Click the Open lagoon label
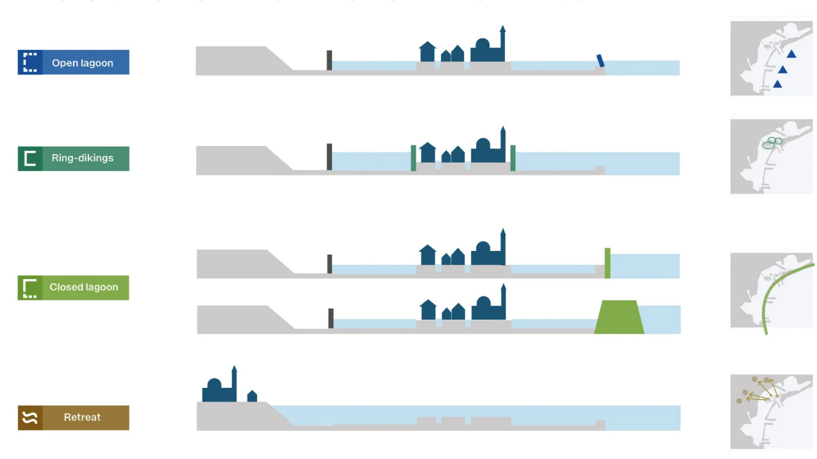click(x=83, y=63)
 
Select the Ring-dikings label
click(x=83, y=158)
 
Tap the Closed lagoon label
click(x=84, y=287)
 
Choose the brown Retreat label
click(x=83, y=417)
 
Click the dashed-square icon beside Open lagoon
click(x=30, y=63)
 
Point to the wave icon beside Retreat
click(x=30, y=418)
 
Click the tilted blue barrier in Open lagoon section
click(x=600, y=60)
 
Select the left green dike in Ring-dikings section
click(x=413, y=157)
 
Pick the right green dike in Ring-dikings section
click(x=513, y=157)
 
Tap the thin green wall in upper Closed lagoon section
click(x=607, y=262)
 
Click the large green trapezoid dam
click(x=619, y=317)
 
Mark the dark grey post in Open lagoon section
click(x=329, y=60)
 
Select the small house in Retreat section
click(x=252, y=396)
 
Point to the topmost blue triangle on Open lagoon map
click(x=791, y=54)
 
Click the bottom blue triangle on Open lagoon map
click(x=777, y=84)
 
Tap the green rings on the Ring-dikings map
click(x=772, y=143)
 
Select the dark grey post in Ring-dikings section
click(x=329, y=157)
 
